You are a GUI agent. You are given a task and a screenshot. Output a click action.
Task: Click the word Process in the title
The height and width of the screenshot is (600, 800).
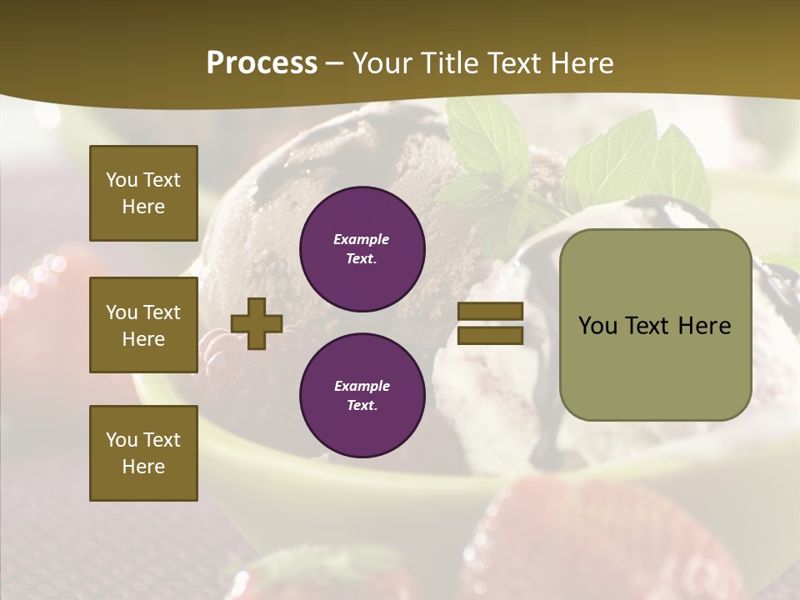tap(262, 63)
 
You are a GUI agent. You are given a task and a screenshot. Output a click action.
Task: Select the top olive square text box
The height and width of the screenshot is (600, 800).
tap(143, 193)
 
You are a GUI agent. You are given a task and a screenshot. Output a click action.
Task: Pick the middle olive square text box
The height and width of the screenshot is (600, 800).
tap(143, 325)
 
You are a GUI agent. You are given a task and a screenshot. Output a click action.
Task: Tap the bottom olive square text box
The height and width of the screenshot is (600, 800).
tap(143, 452)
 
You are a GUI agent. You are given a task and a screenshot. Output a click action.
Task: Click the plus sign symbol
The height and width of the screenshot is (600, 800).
tap(257, 323)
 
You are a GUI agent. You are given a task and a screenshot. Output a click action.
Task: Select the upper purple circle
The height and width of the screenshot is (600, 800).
tap(362, 249)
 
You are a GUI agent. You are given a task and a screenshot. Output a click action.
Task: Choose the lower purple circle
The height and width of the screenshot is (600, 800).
tap(362, 396)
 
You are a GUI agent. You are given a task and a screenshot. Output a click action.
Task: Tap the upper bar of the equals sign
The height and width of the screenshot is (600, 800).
tap(490, 311)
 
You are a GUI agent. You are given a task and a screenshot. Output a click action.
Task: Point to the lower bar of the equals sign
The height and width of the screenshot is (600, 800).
tap(490, 335)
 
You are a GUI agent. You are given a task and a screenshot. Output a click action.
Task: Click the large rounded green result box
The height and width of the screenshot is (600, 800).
tap(655, 324)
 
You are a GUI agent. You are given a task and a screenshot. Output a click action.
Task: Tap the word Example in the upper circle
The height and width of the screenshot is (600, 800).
tap(361, 239)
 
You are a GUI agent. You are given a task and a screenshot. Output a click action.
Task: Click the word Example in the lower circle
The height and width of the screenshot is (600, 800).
tap(361, 386)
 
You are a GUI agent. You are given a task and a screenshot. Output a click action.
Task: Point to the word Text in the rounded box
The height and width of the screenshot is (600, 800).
tap(650, 325)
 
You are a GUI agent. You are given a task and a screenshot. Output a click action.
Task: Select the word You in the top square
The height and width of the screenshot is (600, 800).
tap(122, 180)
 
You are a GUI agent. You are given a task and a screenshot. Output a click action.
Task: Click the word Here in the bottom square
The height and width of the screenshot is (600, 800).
tap(143, 467)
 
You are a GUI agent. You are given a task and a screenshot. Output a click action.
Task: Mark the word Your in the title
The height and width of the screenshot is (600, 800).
tap(387, 63)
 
